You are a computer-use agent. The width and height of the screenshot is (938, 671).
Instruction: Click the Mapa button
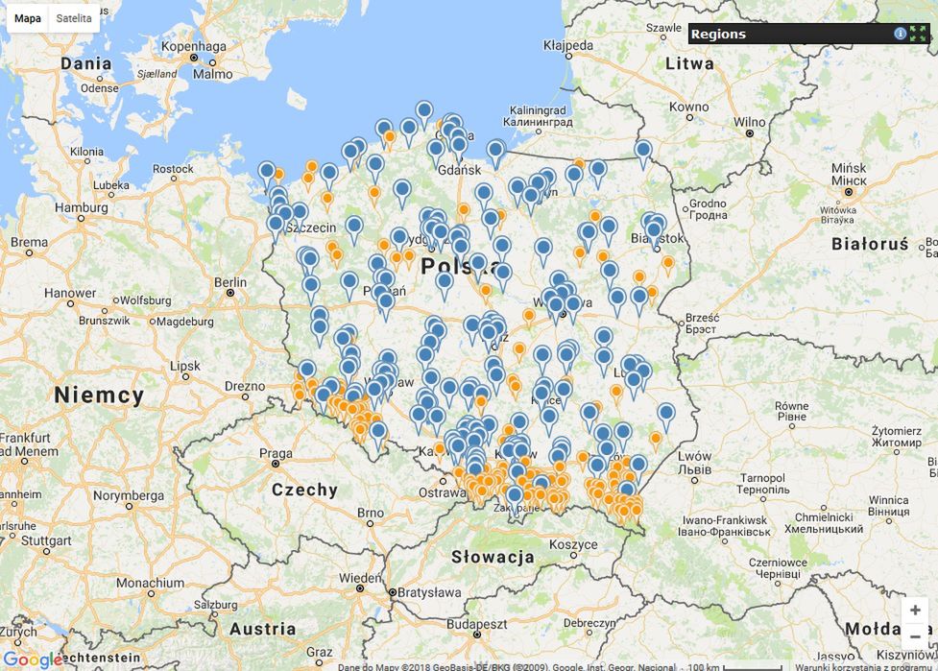pyautogui.click(x=28, y=18)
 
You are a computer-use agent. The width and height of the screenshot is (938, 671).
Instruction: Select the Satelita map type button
pyautogui.click(x=74, y=18)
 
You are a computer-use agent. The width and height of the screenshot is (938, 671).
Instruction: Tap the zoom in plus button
pyautogui.click(x=915, y=611)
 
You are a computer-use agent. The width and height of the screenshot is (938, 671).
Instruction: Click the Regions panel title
pyautogui.click(x=718, y=34)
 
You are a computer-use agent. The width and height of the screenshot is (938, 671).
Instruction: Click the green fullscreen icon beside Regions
pyautogui.click(x=918, y=34)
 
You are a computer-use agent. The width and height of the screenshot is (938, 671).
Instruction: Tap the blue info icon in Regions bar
pyautogui.click(x=900, y=34)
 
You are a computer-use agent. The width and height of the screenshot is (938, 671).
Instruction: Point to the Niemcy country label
pyautogui.click(x=99, y=395)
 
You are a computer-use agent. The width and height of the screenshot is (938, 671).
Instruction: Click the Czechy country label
pyautogui.click(x=304, y=490)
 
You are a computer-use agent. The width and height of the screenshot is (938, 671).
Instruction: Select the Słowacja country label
pyautogui.click(x=493, y=557)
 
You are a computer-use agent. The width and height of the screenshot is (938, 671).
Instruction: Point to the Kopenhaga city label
pyautogui.click(x=194, y=46)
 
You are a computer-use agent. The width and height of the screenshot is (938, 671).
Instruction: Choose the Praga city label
pyautogui.click(x=276, y=454)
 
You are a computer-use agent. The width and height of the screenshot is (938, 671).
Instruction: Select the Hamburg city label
pyautogui.click(x=81, y=207)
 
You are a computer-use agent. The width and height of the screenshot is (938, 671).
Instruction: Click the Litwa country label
pyautogui.click(x=689, y=63)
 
